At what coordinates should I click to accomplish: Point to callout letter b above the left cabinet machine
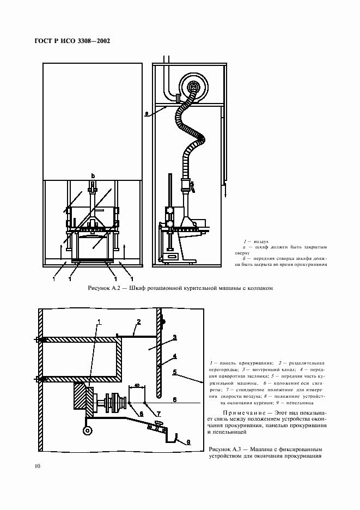(93, 175)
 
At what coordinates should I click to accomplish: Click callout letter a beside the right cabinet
(147, 114)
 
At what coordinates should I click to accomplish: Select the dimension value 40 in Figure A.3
(137, 385)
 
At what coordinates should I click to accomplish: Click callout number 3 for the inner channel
(174, 338)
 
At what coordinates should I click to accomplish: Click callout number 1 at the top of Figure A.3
(99, 321)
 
